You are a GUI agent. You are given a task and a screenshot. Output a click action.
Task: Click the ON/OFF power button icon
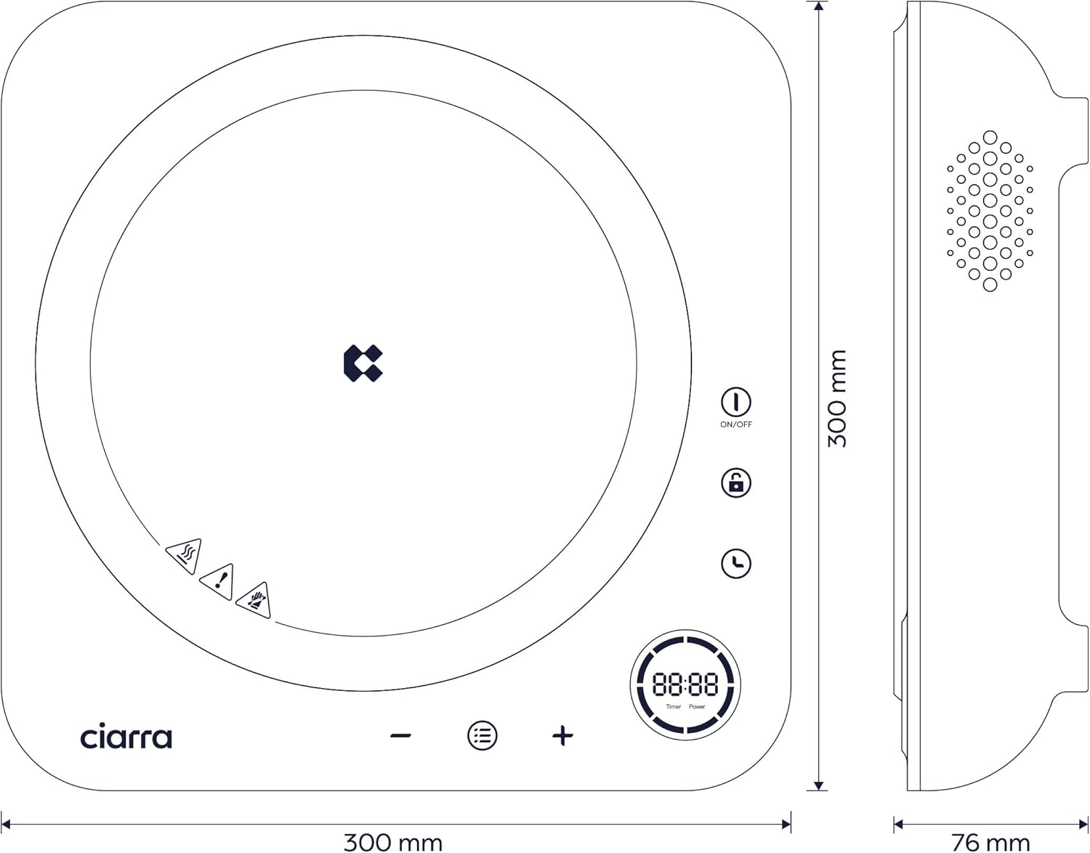(735, 402)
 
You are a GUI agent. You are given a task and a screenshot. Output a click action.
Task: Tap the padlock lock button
(735, 482)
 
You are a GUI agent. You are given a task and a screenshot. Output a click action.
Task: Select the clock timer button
(735, 564)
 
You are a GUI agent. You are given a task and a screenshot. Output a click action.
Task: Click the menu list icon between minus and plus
(482, 736)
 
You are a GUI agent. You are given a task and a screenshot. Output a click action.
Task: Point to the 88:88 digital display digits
(685, 684)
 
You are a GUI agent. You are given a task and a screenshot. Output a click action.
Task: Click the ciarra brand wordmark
(126, 737)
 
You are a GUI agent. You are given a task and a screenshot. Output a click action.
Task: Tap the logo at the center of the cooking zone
(363, 363)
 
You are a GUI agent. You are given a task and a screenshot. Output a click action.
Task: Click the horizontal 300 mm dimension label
(392, 843)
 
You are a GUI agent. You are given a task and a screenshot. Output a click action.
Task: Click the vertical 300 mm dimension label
(838, 398)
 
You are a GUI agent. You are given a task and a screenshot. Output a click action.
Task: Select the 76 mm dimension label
(990, 843)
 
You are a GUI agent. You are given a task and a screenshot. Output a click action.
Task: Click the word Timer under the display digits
(674, 707)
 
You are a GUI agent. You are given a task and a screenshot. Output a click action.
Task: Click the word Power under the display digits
(697, 707)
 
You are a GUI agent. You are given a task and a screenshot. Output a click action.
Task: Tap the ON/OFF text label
(735, 424)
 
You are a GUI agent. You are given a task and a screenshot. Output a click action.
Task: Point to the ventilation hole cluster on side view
(990, 211)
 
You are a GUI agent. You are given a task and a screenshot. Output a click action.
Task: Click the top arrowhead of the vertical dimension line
(819, 7)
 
